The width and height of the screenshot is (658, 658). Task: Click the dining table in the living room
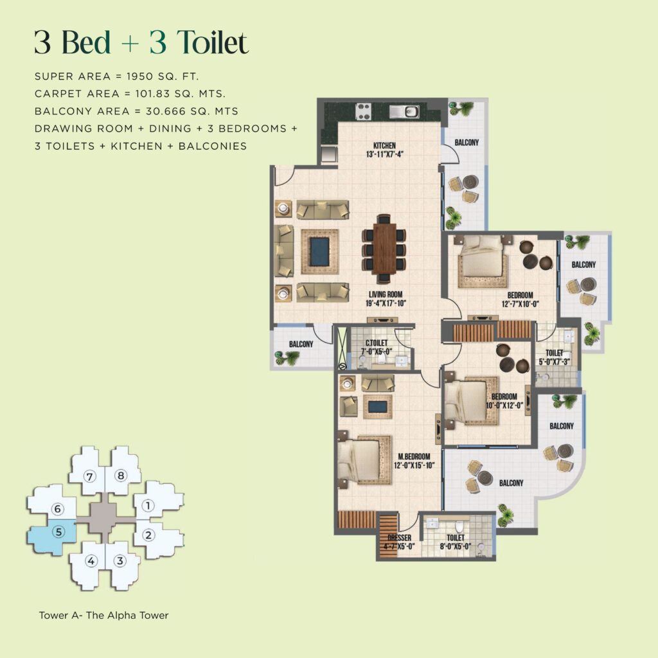click(384, 247)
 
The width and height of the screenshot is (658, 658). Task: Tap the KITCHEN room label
click(384, 145)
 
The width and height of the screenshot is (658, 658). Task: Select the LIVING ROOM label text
click(386, 294)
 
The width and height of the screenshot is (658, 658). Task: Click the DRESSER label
click(398, 538)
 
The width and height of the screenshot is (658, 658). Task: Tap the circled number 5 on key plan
click(58, 532)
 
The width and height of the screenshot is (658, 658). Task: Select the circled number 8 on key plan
click(120, 476)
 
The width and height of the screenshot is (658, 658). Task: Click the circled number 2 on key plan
click(148, 534)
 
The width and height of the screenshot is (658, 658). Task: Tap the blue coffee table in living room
click(319, 251)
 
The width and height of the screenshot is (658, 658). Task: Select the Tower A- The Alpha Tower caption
click(103, 616)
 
